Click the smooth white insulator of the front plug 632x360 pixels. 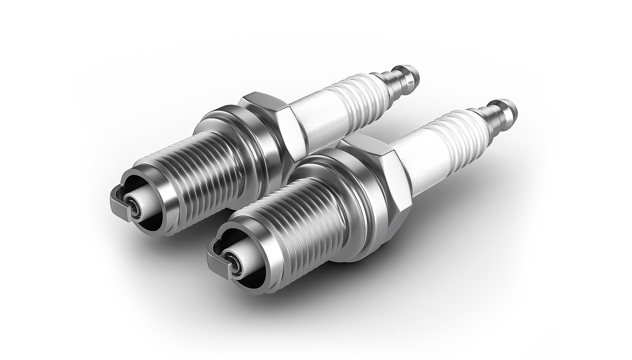(421, 162)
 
